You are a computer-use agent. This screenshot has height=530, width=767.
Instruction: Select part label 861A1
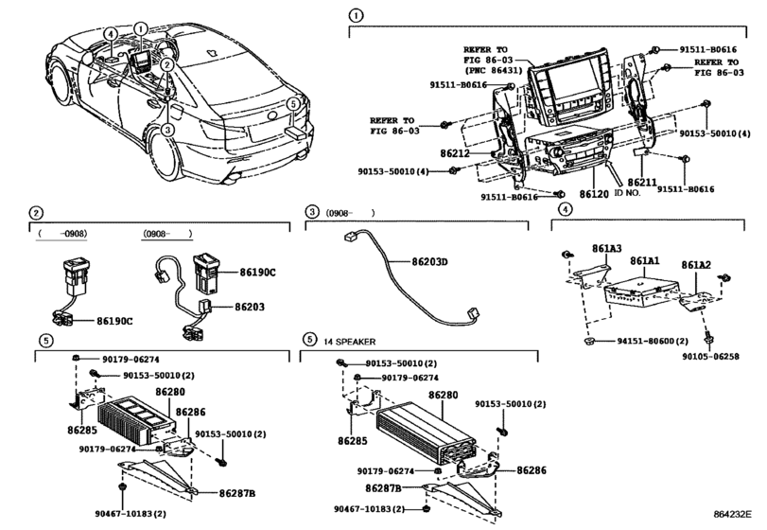click(645, 260)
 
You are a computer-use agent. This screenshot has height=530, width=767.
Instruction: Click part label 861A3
click(606, 248)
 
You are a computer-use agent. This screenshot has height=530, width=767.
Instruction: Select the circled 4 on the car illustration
click(111, 34)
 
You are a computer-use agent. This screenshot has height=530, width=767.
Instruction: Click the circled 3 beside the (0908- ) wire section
click(310, 212)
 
